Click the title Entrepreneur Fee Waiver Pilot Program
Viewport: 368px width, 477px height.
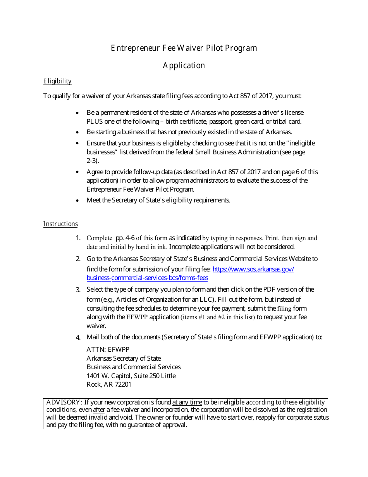coord(184,48)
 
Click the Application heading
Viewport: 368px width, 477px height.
coord(184,66)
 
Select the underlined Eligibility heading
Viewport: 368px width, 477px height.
coord(57,81)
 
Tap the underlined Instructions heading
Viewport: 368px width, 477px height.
coord(60,224)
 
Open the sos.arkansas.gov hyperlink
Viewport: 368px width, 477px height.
coord(253,269)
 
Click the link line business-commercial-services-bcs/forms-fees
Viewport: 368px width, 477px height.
coord(147,278)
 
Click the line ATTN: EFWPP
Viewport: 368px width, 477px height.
coord(108,349)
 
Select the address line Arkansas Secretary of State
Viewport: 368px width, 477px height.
coord(124,358)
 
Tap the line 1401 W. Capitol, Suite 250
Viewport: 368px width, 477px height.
coord(131,376)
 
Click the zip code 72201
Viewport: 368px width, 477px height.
coord(124,385)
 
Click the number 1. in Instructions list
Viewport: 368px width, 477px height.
coord(78,238)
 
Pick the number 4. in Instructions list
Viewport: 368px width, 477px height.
coord(78,337)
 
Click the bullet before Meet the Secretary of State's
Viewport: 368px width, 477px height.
coord(78,200)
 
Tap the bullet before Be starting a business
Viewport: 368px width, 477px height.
coord(78,132)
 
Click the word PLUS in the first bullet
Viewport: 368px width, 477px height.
coord(95,121)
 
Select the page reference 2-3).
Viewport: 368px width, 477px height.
coord(93,161)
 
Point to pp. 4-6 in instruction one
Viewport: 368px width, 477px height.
coord(125,238)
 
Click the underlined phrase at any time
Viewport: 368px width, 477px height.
coord(187,403)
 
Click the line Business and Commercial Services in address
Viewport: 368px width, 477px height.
coord(134,367)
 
